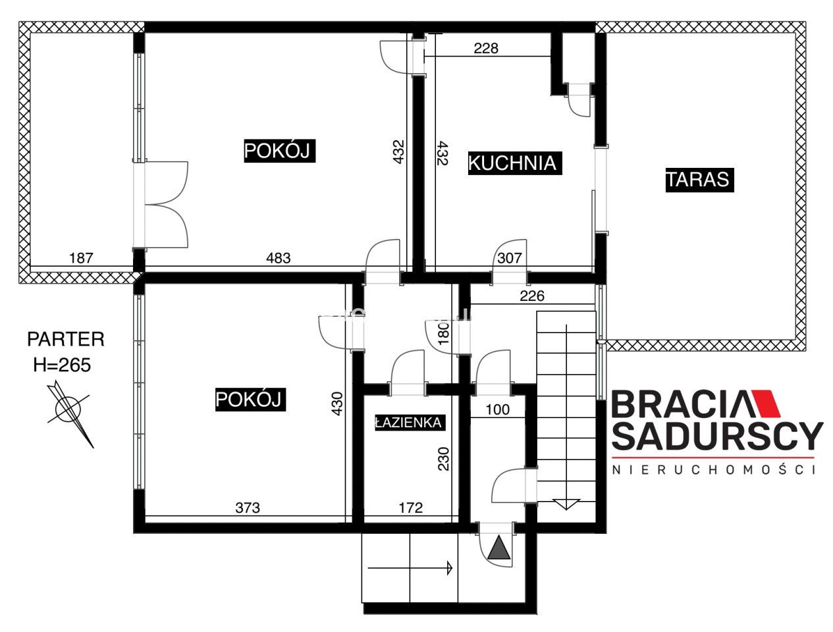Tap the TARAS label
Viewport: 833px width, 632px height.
[699, 180]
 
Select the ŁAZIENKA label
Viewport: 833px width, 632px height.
[409, 423]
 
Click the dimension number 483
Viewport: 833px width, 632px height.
[278, 258]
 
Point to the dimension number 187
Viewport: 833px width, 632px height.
[81, 258]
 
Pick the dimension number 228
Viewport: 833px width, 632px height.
[486, 48]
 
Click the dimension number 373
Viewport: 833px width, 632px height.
[248, 508]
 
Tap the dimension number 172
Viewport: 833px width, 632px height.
[411, 508]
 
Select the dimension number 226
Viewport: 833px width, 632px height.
[531, 296]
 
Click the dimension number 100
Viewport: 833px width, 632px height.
[498, 409]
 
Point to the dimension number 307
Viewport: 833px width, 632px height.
[509, 258]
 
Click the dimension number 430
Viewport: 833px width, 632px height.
[337, 404]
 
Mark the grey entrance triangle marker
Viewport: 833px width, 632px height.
[498, 547]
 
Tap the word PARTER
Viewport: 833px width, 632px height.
[66, 339]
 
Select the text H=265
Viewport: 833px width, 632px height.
[63, 365]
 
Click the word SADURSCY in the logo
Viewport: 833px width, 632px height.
[717, 436]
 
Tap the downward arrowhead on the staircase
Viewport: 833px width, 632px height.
[566, 504]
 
